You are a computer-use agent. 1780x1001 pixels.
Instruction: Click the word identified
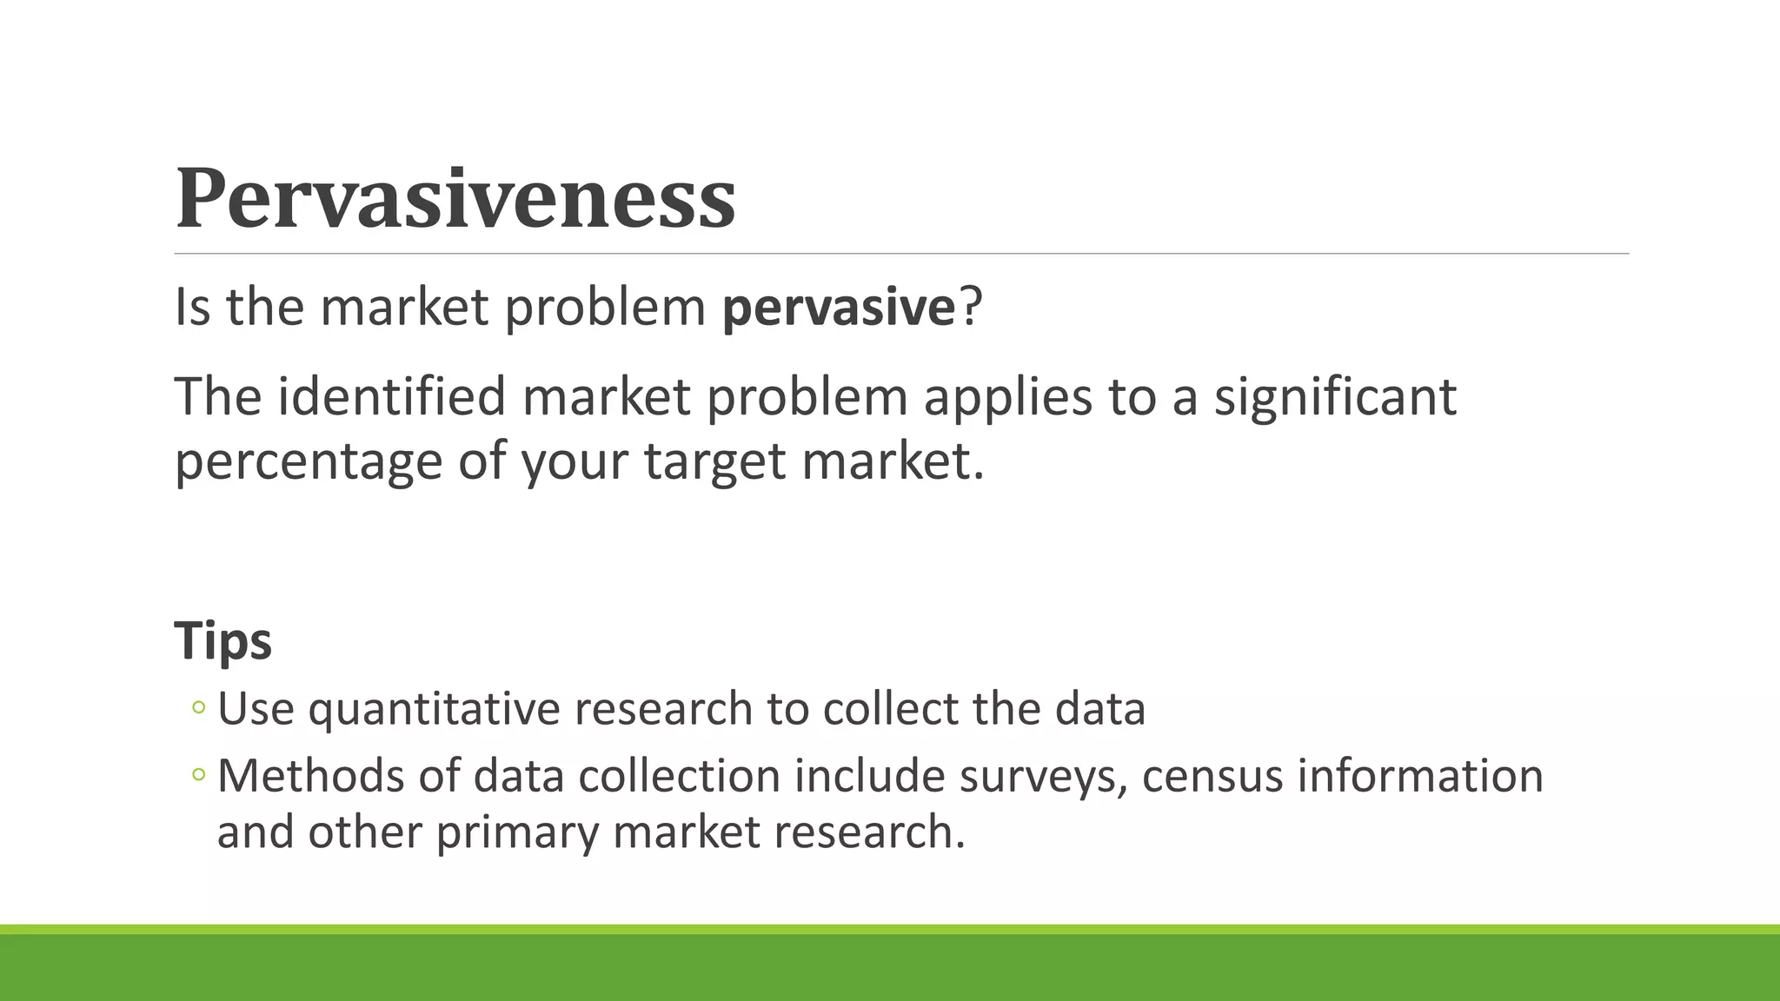tap(392, 397)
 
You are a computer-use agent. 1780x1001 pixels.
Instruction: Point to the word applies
tap(1007, 399)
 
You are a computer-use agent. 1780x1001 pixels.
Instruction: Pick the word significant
tap(1334, 399)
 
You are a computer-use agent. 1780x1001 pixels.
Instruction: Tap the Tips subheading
tap(223, 641)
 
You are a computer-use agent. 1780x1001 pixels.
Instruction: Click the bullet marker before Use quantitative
tap(198, 708)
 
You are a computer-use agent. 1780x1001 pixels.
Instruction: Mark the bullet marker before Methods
tap(198, 774)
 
